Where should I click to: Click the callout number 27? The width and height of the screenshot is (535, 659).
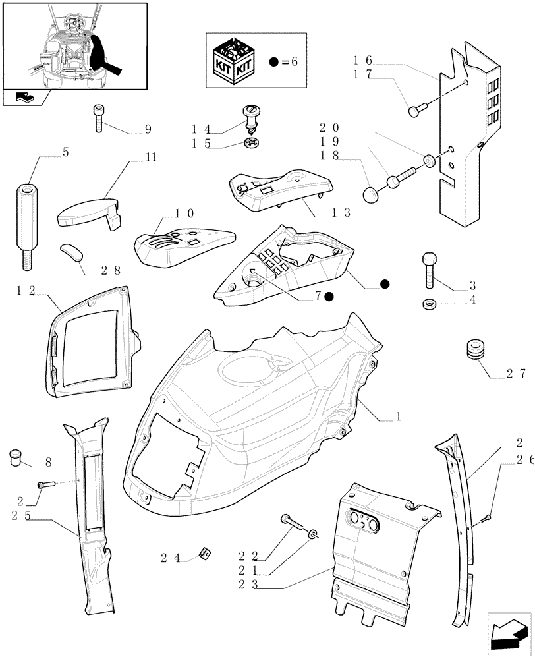click(516, 374)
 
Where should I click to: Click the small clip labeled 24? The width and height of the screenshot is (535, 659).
click(205, 554)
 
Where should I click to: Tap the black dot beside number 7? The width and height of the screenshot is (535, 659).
click(328, 297)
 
